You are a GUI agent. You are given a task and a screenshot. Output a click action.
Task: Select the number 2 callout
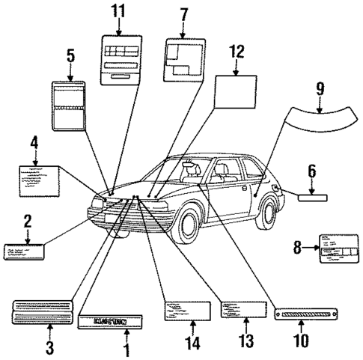(28, 221)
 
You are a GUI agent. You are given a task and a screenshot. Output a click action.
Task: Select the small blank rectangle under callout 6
(311, 198)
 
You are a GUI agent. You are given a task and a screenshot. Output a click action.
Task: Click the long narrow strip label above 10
(300, 313)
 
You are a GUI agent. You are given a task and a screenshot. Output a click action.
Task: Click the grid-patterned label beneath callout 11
(121, 58)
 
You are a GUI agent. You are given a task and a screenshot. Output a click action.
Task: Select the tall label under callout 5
(70, 106)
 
